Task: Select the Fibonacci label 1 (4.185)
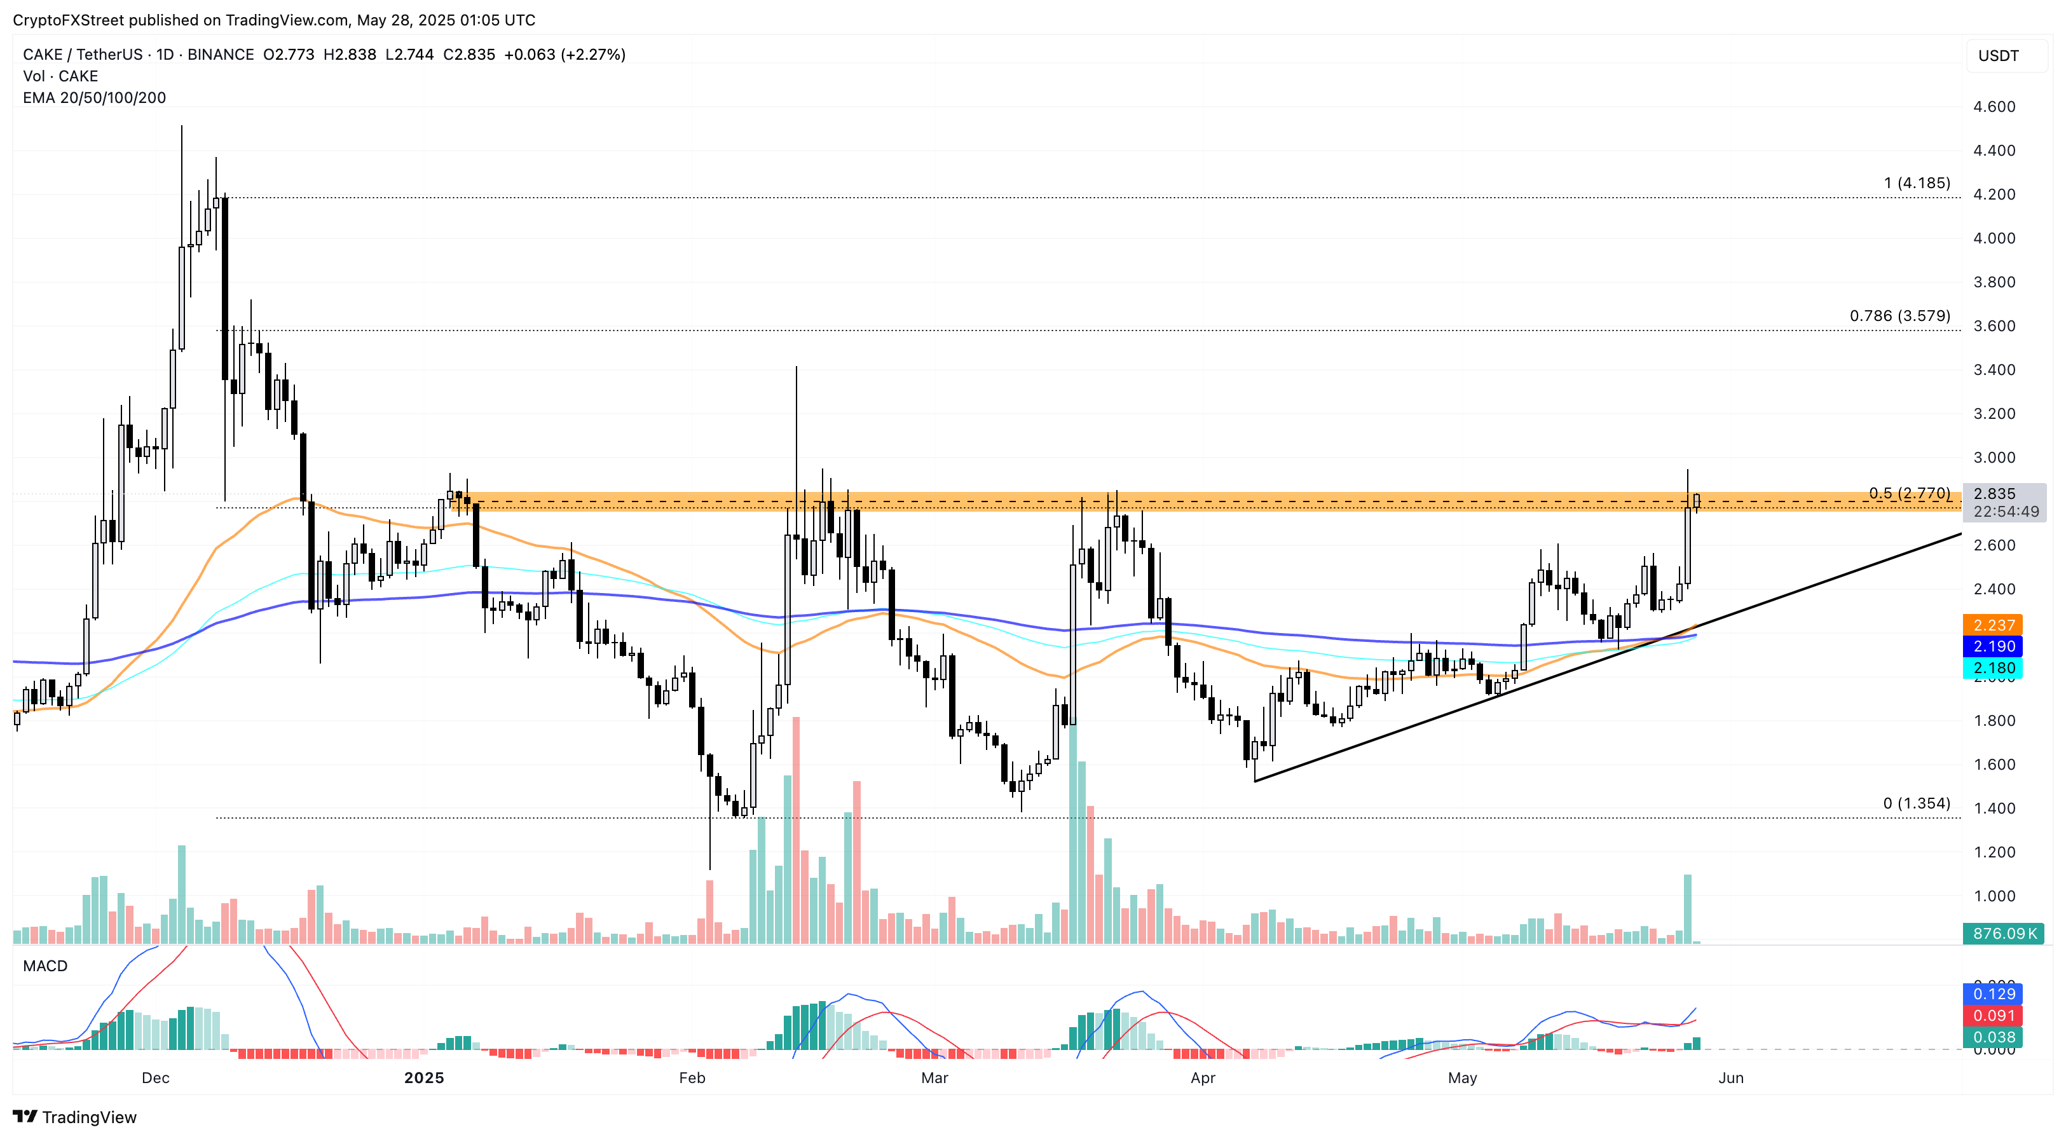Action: click(x=1916, y=183)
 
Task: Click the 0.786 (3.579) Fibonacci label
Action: click(x=1899, y=315)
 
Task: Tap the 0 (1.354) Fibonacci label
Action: click(x=1916, y=803)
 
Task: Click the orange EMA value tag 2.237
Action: click(x=1993, y=625)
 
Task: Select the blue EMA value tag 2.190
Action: click(x=1993, y=646)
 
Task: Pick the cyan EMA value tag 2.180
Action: click(x=1993, y=667)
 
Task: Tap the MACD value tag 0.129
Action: click(x=1993, y=994)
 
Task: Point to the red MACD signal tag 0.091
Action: click(x=1993, y=1016)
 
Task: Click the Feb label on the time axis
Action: click(x=692, y=1077)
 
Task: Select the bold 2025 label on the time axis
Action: click(x=423, y=1077)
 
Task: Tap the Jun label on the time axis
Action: click(x=1731, y=1077)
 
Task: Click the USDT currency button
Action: click(x=1998, y=55)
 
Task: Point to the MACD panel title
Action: click(x=45, y=965)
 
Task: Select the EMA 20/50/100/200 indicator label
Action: click(x=94, y=98)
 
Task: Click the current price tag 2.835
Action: click(x=1994, y=493)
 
